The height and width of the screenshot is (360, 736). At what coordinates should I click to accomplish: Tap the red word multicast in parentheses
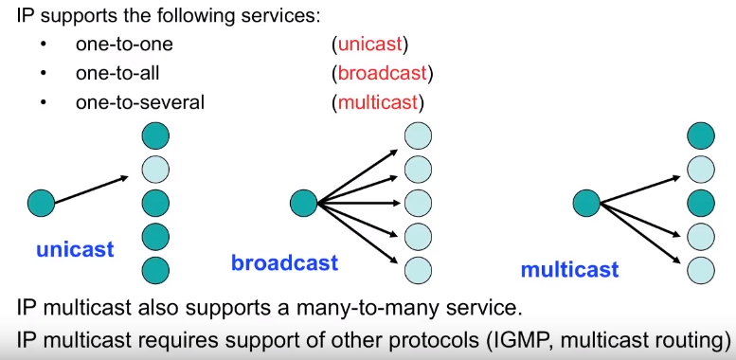pos(377,102)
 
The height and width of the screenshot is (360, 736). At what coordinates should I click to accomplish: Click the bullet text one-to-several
pos(140,102)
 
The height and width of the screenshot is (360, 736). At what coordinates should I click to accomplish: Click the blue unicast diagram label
pos(75,250)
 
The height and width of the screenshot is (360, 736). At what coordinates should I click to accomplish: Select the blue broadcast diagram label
pos(284,262)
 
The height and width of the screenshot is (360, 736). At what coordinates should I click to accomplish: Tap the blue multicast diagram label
pos(569,270)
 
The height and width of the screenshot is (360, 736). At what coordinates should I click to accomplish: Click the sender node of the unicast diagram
pos(41,203)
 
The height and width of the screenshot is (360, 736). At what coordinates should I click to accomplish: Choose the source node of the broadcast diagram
pos(303,203)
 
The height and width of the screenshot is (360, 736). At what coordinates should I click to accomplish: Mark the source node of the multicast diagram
pos(586,203)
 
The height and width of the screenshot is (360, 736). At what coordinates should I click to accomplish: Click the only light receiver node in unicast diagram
pos(155,170)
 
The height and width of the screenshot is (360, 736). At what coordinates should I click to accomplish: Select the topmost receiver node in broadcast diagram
pos(417,137)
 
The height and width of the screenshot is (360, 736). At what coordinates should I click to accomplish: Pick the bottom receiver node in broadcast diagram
pos(417,269)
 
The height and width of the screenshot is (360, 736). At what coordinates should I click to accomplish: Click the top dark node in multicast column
pos(701,137)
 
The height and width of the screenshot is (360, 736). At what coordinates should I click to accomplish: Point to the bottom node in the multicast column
pos(701,269)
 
